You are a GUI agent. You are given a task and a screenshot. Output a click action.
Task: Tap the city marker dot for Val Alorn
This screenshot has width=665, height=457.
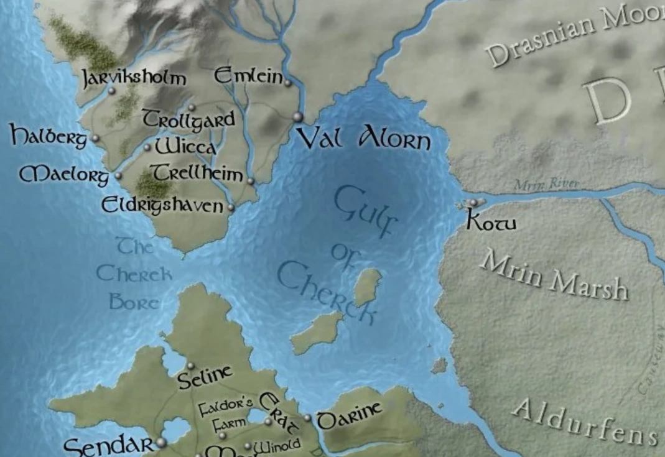(297, 116)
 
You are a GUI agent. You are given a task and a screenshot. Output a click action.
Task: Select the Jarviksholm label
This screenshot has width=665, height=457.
(134, 78)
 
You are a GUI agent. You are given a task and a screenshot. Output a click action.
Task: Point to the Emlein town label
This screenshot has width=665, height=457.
(249, 76)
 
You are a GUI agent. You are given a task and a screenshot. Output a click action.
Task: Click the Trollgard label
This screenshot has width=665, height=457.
(189, 119)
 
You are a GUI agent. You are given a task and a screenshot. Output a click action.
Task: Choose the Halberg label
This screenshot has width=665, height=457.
(49, 136)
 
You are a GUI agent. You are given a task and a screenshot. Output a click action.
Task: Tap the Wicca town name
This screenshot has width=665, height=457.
(185, 147)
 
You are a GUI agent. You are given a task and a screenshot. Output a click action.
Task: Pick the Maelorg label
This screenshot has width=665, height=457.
(64, 174)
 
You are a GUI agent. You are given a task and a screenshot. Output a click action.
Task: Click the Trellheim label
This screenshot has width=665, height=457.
(198, 173)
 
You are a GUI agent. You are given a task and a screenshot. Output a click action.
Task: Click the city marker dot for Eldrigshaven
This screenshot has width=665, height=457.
(231, 208)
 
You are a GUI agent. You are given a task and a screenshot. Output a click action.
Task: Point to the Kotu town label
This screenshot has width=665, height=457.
(491, 222)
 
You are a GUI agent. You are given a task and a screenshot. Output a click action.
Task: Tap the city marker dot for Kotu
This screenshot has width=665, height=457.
(473, 203)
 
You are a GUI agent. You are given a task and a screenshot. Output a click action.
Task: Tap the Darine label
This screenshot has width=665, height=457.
(348, 416)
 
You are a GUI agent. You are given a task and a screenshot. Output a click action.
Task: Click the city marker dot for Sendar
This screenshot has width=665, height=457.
(162, 442)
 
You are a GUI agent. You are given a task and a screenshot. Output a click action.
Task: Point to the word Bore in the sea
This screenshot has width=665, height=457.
(134, 302)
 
